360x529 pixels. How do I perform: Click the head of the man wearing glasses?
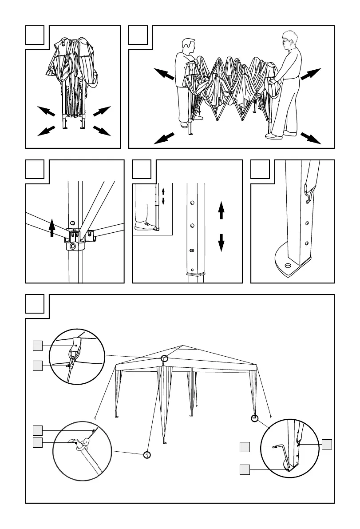[289, 40]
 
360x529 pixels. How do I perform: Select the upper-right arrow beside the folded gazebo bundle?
[101, 111]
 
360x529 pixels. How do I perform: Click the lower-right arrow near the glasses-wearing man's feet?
[311, 138]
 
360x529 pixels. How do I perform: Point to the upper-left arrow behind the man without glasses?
[164, 73]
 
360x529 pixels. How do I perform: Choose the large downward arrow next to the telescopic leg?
[221, 243]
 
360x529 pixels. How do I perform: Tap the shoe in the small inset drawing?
[145, 226]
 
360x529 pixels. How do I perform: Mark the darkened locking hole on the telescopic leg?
[192, 251]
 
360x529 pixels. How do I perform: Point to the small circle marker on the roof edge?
[165, 359]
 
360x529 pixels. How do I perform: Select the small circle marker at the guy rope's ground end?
[147, 454]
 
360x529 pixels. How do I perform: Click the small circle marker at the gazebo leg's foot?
[255, 418]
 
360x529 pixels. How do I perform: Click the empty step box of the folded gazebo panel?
[35, 35]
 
